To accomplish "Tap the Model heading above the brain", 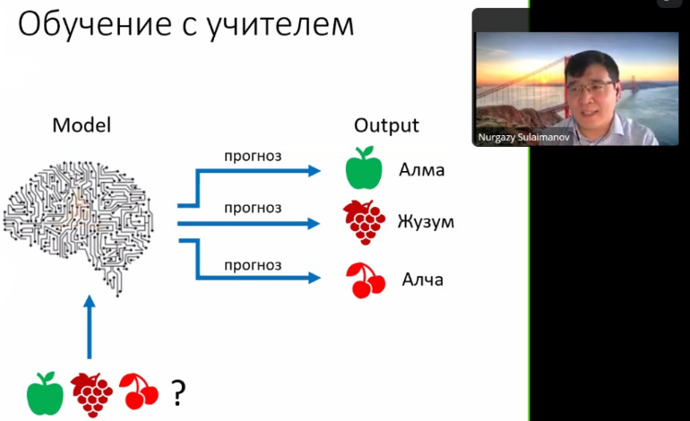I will [x=82, y=125].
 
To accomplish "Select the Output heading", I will [x=386, y=125].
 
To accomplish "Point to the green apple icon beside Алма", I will [x=363, y=169].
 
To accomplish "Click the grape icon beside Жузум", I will [x=364, y=221].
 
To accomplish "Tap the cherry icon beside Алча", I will [x=365, y=279].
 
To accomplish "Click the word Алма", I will [x=421, y=170].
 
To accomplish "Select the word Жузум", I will [x=426, y=221].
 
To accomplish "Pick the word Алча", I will [x=421, y=279].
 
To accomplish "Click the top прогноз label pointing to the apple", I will [x=253, y=156].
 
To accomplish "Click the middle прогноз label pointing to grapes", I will [x=253, y=208].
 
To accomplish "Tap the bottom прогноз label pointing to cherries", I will [x=253, y=265].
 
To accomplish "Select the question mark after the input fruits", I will [x=178, y=391].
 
